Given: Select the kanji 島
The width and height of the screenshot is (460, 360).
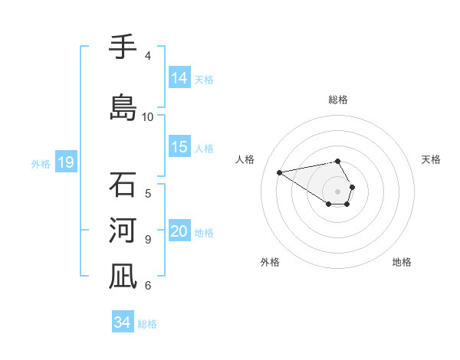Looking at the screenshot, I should tap(122, 107).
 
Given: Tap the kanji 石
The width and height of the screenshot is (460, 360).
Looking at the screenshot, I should tap(122, 185).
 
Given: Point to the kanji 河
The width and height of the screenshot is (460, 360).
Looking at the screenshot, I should tap(122, 231).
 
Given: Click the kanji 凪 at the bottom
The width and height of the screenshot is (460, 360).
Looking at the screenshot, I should tap(122, 277).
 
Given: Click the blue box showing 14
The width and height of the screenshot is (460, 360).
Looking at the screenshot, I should tap(179, 78).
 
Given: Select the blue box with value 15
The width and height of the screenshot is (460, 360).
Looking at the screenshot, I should tap(179, 147).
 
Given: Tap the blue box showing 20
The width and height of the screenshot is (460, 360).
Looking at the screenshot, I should tap(179, 232).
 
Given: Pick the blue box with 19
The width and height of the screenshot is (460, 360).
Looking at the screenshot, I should tap(65, 162).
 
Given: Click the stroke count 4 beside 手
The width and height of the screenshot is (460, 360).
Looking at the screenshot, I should tap(148, 56).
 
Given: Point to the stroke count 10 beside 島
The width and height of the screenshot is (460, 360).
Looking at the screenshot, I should tap(148, 117).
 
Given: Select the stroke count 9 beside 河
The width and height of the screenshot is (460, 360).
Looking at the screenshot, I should tap(148, 240).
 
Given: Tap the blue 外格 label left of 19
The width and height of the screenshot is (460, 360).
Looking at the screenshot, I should tap(41, 163).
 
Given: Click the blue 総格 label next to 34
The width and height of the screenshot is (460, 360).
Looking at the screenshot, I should tap(147, 323).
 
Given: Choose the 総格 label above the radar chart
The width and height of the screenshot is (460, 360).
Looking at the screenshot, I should tap(338, 100).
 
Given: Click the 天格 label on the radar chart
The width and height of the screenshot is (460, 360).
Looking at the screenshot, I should tap(432, 159).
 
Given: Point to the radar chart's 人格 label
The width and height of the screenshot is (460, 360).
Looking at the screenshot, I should tap(245, 159).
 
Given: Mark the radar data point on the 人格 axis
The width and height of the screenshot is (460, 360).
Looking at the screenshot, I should tap(280, 172).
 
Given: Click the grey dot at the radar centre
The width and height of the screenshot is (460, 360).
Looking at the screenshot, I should tap(338, 191).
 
